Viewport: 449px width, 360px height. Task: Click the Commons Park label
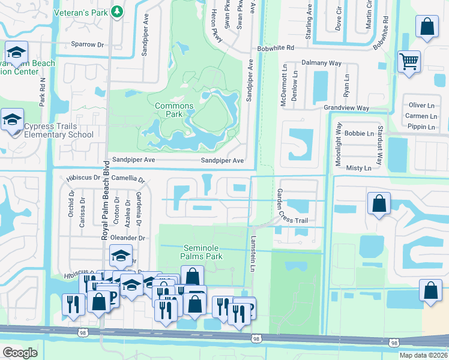pos(174,110)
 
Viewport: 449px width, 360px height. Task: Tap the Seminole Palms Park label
pos(202,252)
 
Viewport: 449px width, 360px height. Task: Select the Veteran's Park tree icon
pos(119,11)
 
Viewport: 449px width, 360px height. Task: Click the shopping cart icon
pos(409,61)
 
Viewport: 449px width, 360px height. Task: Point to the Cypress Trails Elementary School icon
pos(12,120)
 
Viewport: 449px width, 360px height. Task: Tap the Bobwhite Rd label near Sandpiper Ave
pos(275,47)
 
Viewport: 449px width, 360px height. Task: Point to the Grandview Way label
pos(346,108)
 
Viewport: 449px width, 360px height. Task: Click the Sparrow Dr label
pos(88,44)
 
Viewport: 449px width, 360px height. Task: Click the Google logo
pos(20,352)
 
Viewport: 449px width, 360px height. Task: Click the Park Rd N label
pos(43,92)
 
